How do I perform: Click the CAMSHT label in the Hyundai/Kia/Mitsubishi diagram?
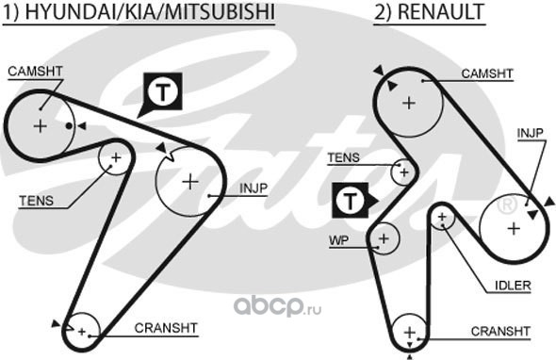click(35, 72)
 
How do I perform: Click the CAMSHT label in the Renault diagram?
click(487, 74)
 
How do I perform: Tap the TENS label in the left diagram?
click(36, 201)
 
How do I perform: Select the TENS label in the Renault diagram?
click(343, 157)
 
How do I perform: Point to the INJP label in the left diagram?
click(253, 188)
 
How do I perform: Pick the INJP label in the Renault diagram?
click(531, 134)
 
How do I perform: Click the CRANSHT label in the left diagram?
click(166, 328)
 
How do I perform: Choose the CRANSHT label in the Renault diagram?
click(500, 332)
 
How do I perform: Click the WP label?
click(338, 240)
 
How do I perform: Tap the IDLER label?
click(513, 286)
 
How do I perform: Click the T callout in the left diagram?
click(163, 91)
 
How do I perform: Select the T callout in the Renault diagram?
click(353, 201)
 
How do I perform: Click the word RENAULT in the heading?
click(440, 11)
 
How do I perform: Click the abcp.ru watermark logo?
click(277, 307)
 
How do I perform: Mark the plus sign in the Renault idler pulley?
click(442, 217)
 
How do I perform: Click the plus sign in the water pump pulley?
click(384, 238)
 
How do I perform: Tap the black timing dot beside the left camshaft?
click(70, 126)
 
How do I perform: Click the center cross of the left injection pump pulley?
click(190, 182)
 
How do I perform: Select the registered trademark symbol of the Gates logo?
click(508, 205)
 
